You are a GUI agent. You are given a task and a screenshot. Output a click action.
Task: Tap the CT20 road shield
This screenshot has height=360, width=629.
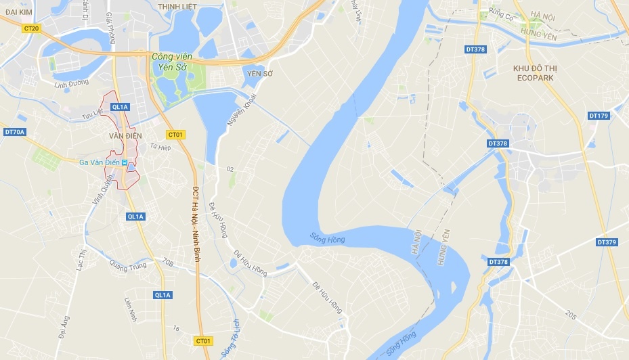click(x=31, y=28)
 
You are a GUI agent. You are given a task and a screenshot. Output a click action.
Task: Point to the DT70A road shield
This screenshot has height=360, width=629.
click(x=14, y=131)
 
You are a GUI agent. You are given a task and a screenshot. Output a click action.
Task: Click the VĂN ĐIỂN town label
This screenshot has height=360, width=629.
click(x=123, y=135)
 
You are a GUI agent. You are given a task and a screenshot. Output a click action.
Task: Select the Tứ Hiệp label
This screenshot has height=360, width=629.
click(x=160, y=146)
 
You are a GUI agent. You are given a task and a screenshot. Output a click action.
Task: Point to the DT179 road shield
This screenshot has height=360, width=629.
click(x=599, y=116)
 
